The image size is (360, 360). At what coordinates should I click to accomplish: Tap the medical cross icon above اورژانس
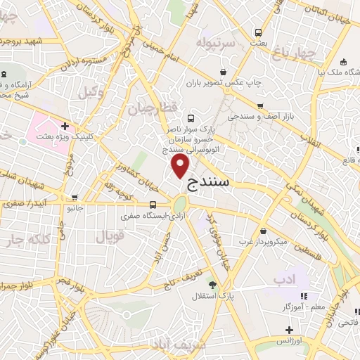(289, 329)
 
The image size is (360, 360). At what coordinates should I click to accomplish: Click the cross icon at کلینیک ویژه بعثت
(65, 127)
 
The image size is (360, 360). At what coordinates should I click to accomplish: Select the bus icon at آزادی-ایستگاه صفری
(153, 205)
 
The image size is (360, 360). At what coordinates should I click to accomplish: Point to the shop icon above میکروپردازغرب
(263, 231)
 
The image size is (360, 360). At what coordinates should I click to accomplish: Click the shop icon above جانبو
(75, 198)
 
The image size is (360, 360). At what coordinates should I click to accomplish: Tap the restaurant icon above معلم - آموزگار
(304, 296)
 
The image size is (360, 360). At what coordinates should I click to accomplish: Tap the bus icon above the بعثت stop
(258, 32)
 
